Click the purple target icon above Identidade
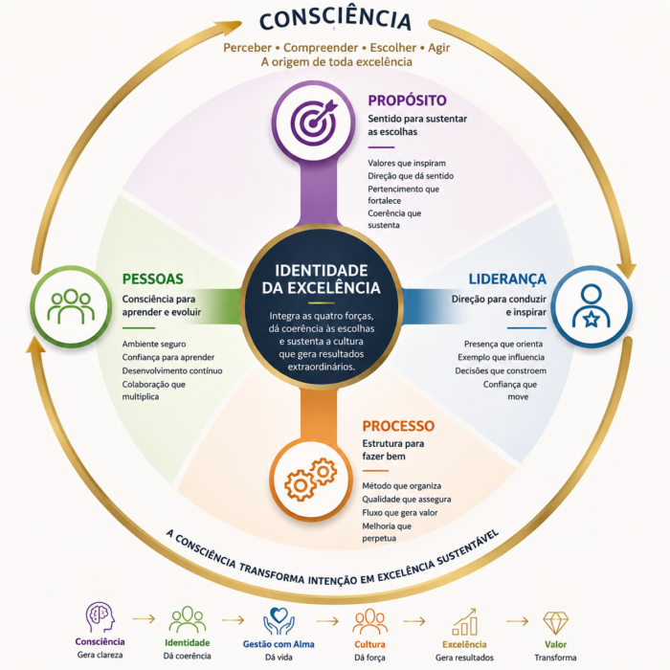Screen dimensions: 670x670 [314, 123]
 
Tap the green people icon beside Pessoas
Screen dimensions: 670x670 [71, 306]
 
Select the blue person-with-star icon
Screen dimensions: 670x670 [591, 306]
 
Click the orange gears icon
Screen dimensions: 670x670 [311, 479]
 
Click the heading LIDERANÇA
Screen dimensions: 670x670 [507, 279]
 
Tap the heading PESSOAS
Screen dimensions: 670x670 [152, 279]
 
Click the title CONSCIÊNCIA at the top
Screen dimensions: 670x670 [335, 19]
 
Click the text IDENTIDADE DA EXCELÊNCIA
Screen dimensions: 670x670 [321, 279]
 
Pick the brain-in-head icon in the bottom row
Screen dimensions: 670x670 [100, 617]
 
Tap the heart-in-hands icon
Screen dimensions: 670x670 [279, 621]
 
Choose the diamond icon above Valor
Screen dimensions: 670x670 [555, 623]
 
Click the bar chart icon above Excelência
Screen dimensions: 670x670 [464, 622]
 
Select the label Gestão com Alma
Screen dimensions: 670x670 [279, 644]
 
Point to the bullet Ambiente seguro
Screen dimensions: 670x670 [154, 344]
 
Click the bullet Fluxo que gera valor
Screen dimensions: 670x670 [400, 512]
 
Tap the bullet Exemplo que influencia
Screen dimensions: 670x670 [502, 357]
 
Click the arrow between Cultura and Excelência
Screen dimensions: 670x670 [414, 621]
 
